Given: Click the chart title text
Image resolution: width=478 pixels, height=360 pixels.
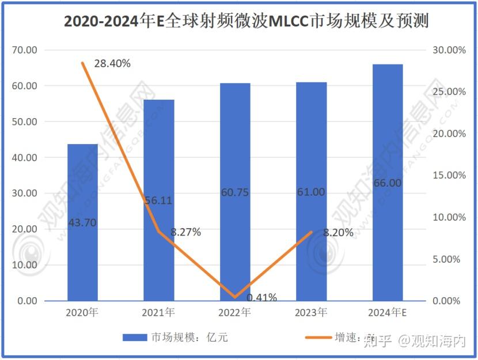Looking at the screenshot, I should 238,21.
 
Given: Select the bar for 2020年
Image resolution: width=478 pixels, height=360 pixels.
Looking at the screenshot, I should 82,259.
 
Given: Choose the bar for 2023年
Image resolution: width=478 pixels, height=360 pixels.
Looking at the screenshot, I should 311,253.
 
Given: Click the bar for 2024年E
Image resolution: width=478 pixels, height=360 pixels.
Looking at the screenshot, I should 387,242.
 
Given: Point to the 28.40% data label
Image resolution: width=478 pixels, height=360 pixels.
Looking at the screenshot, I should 112,63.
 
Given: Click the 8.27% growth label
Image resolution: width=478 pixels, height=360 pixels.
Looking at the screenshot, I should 185,233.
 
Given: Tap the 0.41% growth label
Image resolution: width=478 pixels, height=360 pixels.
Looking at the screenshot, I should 261,298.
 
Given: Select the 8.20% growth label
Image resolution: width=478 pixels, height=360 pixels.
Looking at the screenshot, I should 339,233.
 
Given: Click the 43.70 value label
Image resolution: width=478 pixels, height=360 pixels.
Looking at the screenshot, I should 82,222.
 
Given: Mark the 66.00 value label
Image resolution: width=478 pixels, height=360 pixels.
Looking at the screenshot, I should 387,183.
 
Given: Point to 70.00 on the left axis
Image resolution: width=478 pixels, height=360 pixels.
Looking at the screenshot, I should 24,50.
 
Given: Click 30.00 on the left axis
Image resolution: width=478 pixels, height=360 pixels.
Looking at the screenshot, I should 24,194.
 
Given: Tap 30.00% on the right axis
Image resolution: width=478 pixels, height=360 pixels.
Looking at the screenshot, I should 448,50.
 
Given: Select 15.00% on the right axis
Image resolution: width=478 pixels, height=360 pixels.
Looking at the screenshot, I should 448,176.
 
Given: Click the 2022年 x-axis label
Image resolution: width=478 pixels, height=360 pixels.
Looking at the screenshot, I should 235,313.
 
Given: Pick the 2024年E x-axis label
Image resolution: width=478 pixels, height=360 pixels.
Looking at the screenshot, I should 387,313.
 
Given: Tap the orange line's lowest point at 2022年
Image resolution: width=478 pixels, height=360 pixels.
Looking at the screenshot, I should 235,297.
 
